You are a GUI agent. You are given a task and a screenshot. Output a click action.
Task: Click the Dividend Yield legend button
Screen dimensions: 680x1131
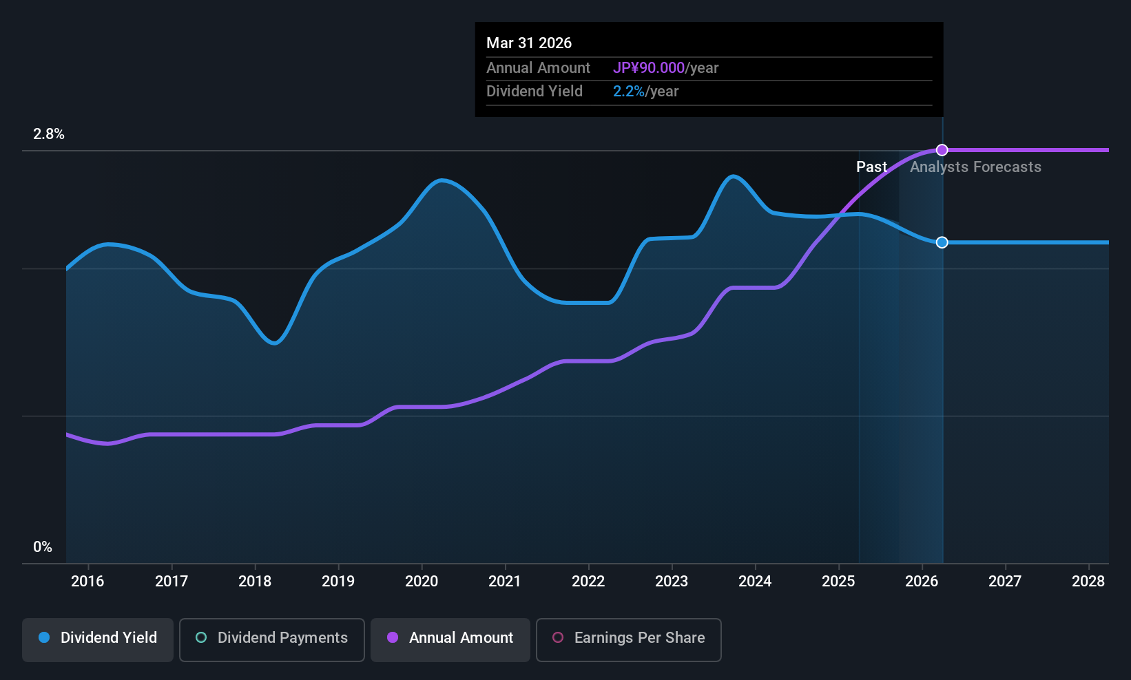click(x=98, y=639)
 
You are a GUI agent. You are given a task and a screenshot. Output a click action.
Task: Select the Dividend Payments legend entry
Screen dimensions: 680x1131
click(x=271, y=639)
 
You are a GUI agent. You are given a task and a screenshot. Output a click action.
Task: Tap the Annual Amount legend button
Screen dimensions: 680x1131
click(x=450, y=639)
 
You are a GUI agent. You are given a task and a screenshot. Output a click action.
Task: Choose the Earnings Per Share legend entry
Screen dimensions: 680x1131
click(x=628, y=639)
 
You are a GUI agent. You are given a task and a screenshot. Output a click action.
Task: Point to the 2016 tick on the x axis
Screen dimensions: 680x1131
click(x=87, y=582)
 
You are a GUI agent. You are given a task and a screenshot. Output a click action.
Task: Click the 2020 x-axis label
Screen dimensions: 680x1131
click(x=422, y=582)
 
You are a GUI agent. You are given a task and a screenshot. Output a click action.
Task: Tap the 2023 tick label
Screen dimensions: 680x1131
click(x=672, y=582)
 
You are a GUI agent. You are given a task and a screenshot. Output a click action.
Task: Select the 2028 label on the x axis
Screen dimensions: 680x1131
click(x=1088, y=582)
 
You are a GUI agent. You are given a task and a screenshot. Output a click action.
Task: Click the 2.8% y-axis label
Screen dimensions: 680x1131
click(x=49, y=134)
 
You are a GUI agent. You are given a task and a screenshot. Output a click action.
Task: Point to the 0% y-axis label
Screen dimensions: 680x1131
click(x=43, y=547)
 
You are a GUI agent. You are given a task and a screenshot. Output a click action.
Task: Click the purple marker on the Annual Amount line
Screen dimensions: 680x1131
click(x=942, y=150)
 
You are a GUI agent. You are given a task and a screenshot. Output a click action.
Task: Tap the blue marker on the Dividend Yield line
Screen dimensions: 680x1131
click(x=942, y=242)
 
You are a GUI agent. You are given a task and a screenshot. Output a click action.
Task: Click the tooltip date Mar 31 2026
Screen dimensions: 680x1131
click(x=529, y=43)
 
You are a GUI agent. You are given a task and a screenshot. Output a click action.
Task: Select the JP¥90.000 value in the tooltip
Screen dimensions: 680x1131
click(x=648, y=68)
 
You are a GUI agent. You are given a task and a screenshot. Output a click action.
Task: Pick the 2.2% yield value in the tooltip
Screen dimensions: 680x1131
click(x=629, y=92)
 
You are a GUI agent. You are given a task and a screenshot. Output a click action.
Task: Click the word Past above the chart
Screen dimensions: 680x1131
click(x=871, y=167)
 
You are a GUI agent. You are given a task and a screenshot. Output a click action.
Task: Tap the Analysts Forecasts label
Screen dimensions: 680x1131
click(x=975, y=167)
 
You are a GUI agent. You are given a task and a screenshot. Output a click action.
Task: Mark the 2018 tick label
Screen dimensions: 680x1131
click(x=255, y=582)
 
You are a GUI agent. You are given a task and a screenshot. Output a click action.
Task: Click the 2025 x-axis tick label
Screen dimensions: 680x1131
click(x=838, y=582)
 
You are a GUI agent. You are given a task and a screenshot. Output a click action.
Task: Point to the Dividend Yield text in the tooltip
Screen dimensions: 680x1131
click(x=535, y=92)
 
